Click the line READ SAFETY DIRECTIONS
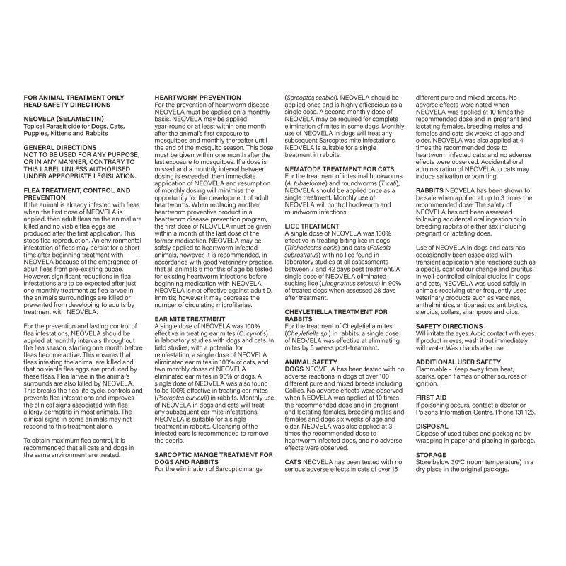click(68, 104)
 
